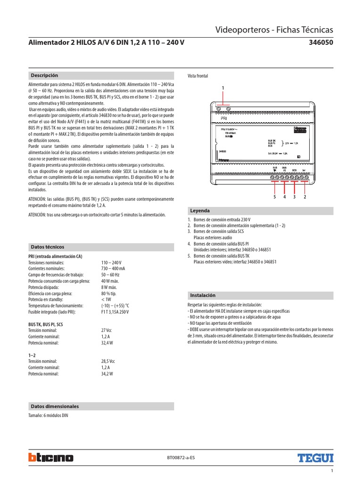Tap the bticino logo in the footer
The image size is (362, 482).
click(x=51, y=457)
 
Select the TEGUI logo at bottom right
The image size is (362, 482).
click(x=315, y=457)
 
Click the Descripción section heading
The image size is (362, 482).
click(x=44, y=75)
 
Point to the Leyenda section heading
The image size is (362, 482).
click(x=200, y=210)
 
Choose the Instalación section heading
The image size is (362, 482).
click(x=203, y=295)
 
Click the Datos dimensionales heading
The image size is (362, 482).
click(x=55, y=406)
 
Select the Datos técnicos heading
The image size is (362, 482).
click(x=47, y=247)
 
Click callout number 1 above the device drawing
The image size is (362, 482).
click(x=223, y=88)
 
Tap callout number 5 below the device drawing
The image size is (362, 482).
click(x=274, y=197)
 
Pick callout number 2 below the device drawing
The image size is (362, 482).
click(x=305, y=197)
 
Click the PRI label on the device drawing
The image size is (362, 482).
click(x=224, y=119)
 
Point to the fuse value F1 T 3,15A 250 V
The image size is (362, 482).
click(x=115, y=312)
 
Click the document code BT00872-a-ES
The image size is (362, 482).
click(x=181, y=457)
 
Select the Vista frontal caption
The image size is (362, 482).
click(x=197, y=76)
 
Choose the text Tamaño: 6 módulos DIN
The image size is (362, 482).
click(x=48, y=416)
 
